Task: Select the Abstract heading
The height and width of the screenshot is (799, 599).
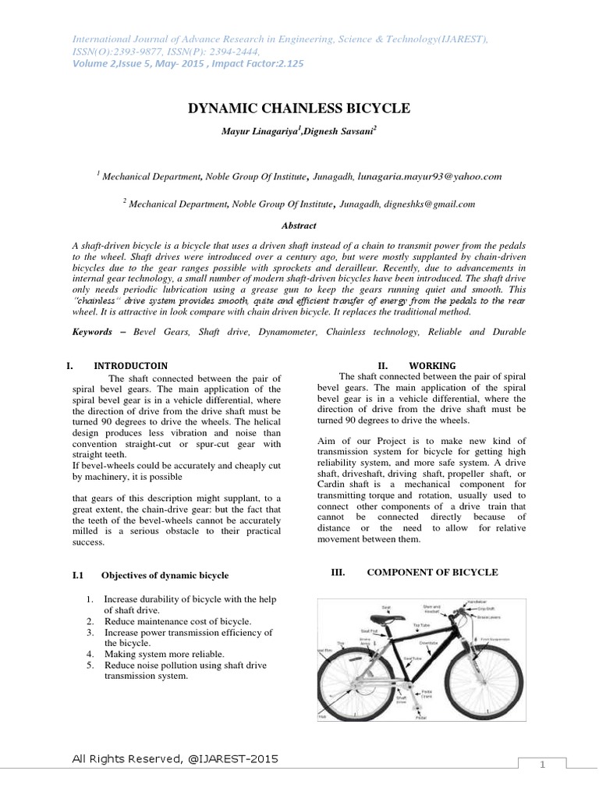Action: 299,225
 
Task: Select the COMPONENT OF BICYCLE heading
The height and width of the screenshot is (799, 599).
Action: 432,572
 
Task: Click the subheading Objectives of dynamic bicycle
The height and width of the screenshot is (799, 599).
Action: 165,575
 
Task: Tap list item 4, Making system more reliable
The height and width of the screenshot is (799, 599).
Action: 164,653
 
